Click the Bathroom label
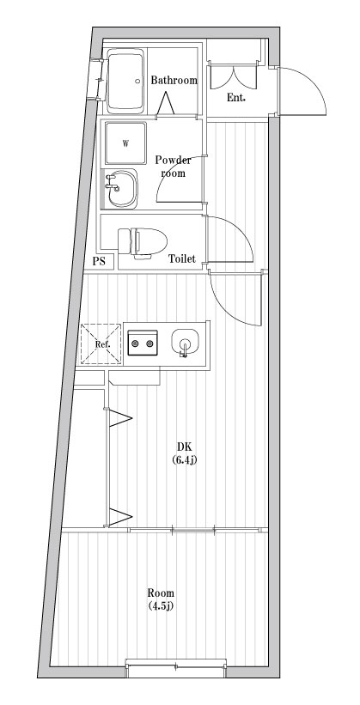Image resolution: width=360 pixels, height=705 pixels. [174, 81]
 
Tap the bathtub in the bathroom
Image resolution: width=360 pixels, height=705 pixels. [125, 82]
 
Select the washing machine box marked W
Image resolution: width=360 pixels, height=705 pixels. [125, 143]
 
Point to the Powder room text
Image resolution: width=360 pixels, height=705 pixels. [174, 167]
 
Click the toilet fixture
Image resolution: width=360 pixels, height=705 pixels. [143, 242]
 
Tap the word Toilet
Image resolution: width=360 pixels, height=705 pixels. [182, 258]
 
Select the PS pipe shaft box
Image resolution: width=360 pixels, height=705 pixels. [99, 261]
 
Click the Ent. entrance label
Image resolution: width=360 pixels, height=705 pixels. [235, 98]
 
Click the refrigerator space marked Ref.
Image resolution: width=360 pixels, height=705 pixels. [101, 344]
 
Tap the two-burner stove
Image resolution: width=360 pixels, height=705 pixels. [143, 343]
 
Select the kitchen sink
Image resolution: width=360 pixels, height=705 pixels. [185, 343]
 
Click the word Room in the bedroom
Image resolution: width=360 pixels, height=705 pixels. [162, 593]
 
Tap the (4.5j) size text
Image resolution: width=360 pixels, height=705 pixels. [161, 606]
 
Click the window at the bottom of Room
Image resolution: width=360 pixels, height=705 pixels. [175, 669]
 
